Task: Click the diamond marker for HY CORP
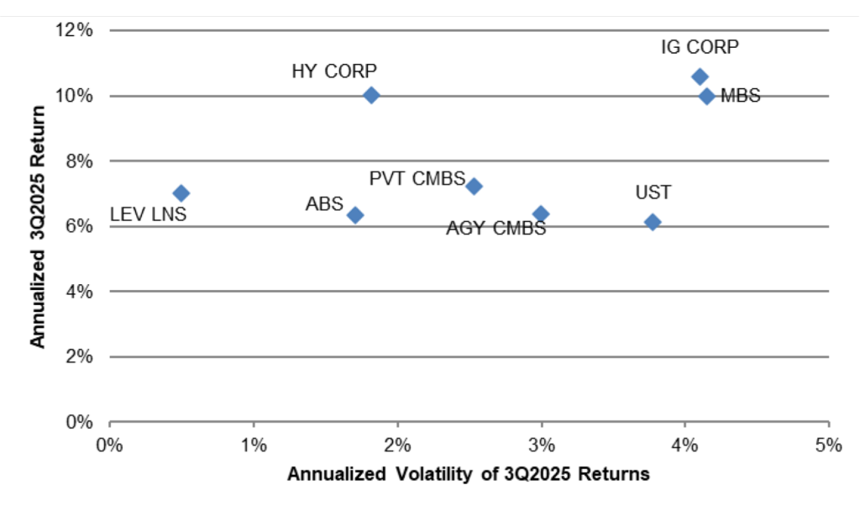pyautogui.click(x=371, y=95)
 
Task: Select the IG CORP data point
pyautogui.click(x=700, y=76)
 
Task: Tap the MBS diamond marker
pyautogui.click(x=706, y=96)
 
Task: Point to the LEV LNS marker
pyautogui.click(x=181, y=193)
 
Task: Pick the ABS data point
pyautogui.click(x=355, y=215)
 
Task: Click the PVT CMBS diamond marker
pyautogui.click(x=474, y=186)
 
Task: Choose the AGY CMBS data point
pyautogui.click(x=541, y=214)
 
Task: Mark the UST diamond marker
pyautogui.click(x=653, y=222)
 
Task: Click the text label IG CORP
pyautogui.click(x=700, y=47)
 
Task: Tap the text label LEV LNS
pyautogui.click(x=149, y=215)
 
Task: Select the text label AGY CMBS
pyautogui.click(x=496, y=228)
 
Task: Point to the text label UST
pyautogui.click(x=653, y=192)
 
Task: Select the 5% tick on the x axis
pyautogui.click(x=828, y=444)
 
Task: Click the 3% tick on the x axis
pyautogui.click(x=541, y=444)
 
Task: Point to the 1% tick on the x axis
pyautogui.click(x=254, y=444)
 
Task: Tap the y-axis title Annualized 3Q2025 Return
pyautogui.click(x=38, y=227)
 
